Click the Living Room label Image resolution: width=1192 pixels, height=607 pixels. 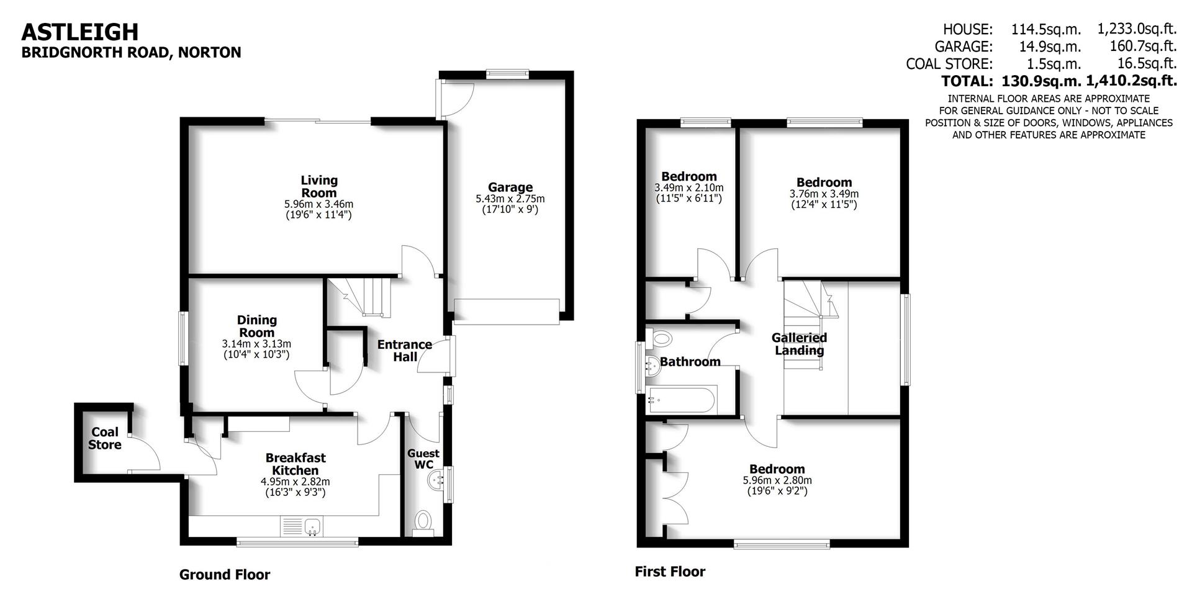(319, 186)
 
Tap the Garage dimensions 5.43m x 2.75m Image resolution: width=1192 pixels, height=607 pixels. (510, 199)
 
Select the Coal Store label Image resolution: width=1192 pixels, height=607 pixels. (105, 438)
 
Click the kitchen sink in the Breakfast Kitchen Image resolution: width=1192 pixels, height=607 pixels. (312, 526)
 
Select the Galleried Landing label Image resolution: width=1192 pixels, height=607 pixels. (799, 344)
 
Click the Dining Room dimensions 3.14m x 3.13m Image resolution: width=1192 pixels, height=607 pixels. (256, 344)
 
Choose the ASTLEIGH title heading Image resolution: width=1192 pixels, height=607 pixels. (80, 31)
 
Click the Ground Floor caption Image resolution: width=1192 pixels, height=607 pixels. (225, 575)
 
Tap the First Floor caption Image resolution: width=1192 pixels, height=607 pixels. (670, 572)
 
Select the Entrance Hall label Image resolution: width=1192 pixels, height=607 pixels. (405, 351)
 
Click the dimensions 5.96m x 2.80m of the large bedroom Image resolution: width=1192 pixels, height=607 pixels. (777, 480)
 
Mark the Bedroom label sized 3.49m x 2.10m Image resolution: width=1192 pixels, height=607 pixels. (689, 176)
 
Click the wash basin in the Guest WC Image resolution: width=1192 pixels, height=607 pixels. (438, 479)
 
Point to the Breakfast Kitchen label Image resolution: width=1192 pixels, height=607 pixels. (296, 464)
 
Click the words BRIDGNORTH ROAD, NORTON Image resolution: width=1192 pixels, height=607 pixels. (131, 53)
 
